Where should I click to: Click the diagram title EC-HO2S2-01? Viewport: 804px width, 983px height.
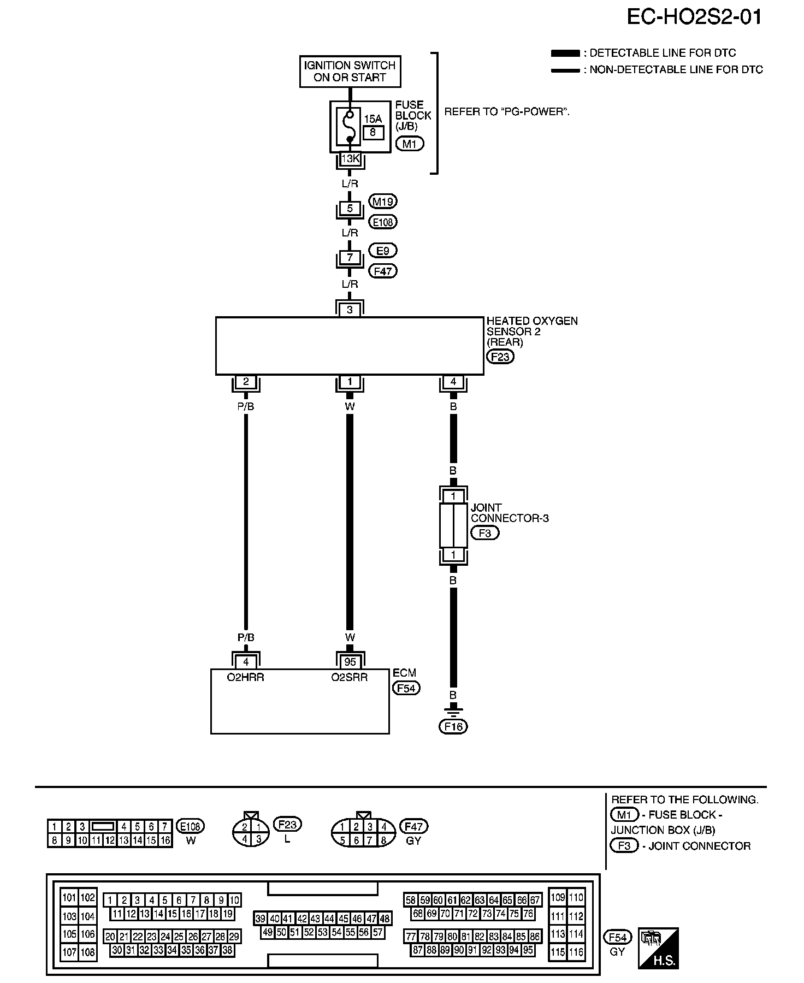point(694,17)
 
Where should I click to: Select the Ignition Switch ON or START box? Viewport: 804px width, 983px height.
point(350,72)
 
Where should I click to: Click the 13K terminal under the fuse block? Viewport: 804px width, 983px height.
point(350,159)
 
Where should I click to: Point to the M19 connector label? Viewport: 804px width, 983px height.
point(382,202)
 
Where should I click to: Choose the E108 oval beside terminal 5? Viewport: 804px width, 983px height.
point(383,222)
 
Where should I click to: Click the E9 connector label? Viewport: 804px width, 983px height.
point(383,251)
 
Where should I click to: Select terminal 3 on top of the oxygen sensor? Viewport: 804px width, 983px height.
point(350,310)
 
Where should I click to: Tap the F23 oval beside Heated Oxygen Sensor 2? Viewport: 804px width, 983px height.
point(500,357)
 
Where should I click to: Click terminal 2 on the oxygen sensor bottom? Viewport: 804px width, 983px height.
point(246,382)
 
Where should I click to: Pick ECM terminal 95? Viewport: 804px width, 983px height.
point(350,662)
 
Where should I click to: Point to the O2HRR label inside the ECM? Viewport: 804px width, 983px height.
point(246,677)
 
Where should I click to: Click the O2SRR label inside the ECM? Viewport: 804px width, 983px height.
point(350,677)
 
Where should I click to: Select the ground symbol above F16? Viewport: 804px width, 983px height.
point(453,710)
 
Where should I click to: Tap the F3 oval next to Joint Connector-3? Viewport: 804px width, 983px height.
point(484,532)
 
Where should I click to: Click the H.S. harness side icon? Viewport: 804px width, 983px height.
point(658,948)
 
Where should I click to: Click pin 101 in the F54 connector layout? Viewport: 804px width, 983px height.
point(69,897)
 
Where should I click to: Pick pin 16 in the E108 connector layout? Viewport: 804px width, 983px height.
point(165,840)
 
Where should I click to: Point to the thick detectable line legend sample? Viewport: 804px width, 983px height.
point(565,54)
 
